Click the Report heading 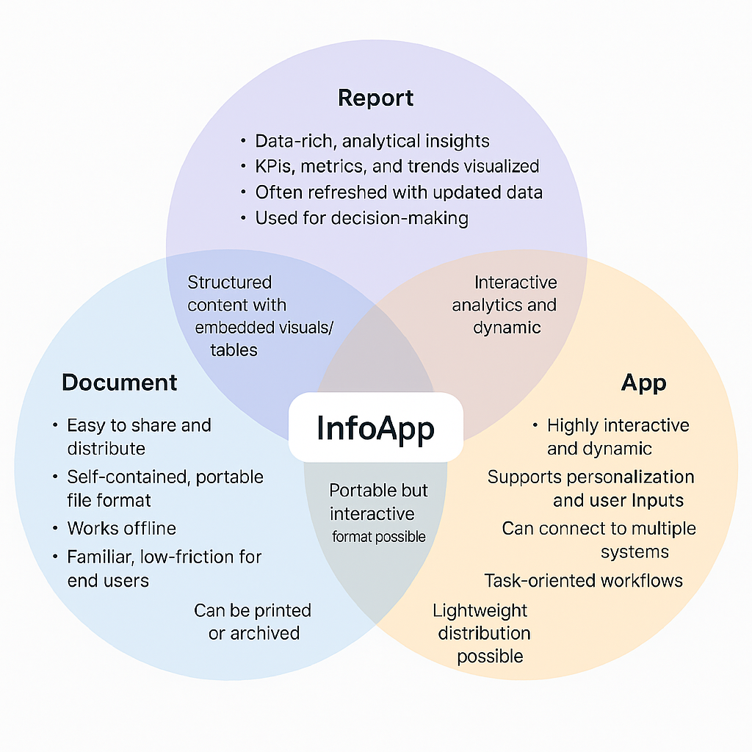point(375,98)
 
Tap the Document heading point(120,382)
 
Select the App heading point(643,383)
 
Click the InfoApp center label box point(375,427)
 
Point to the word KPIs point(272,167)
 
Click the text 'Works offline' point(121,528)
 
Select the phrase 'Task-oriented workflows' point(583,581)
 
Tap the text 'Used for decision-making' point(361,217)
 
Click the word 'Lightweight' point(480,610)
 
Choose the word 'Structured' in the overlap point(230,283)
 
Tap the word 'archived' point(265,633)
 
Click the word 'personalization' point(627,477)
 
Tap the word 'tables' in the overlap point(234,350)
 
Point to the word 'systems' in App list point(634,552)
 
